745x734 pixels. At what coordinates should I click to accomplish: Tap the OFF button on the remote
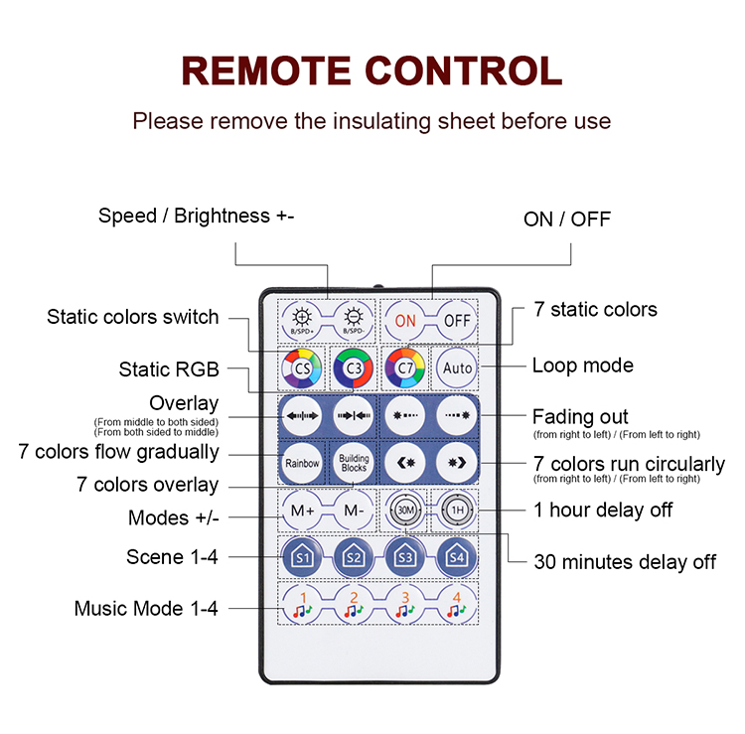pos(457,320)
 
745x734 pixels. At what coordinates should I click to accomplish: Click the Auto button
pos(457,367)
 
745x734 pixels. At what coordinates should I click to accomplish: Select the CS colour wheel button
pos(302,367)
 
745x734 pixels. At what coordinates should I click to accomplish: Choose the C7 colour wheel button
pos(405,367)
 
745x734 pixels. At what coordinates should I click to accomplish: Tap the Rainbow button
pos(302,463)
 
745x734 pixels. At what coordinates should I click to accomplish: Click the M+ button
pos(302,511)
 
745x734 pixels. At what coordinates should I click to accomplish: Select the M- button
pos(354,511)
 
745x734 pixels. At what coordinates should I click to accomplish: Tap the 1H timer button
pos(457,511)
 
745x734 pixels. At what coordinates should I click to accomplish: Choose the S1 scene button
pos(302,557)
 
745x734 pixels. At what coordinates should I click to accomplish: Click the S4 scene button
pos(457,557)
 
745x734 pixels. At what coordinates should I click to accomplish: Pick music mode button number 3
pos(405,604)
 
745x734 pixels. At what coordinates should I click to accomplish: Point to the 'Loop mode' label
pos(582,366)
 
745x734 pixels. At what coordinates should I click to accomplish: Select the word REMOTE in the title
pos(267,71)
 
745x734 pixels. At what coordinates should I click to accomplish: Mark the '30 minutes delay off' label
pos(625,562)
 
